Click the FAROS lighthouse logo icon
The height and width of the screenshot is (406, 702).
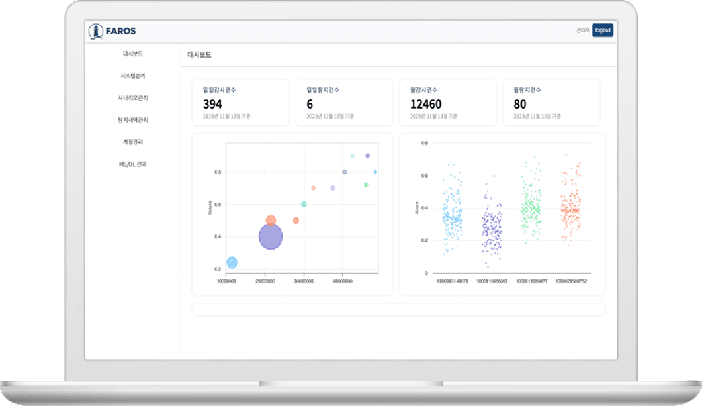tap(97, 30)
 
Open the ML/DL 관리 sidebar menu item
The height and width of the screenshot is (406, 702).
tap(133, 164)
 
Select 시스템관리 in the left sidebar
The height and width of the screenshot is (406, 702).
tap(133, 76)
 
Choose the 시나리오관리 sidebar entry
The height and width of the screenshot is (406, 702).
tap(133, 98)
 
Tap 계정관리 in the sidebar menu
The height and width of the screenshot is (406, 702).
tap(133, 142)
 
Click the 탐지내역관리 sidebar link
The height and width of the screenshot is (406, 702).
tap(133, 120)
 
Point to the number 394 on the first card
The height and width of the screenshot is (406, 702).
tap(212, 104)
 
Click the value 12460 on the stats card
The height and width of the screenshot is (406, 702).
tap(425, 104)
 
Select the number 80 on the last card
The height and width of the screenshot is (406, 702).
tap(520, 104)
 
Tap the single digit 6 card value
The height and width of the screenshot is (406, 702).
tap(310, 104)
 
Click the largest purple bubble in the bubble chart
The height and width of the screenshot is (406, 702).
tap(270, 236)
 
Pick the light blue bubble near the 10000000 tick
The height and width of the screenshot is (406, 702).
tap(232, 262)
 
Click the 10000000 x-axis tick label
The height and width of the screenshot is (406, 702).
tap(226, 281)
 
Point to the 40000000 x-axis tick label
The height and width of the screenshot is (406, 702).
tap(341, 281)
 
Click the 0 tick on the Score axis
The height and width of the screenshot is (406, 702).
tap(426, 273)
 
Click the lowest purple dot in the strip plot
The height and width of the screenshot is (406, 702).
tap(487, 266)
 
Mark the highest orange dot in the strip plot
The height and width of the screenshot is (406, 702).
tap(566, 155)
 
